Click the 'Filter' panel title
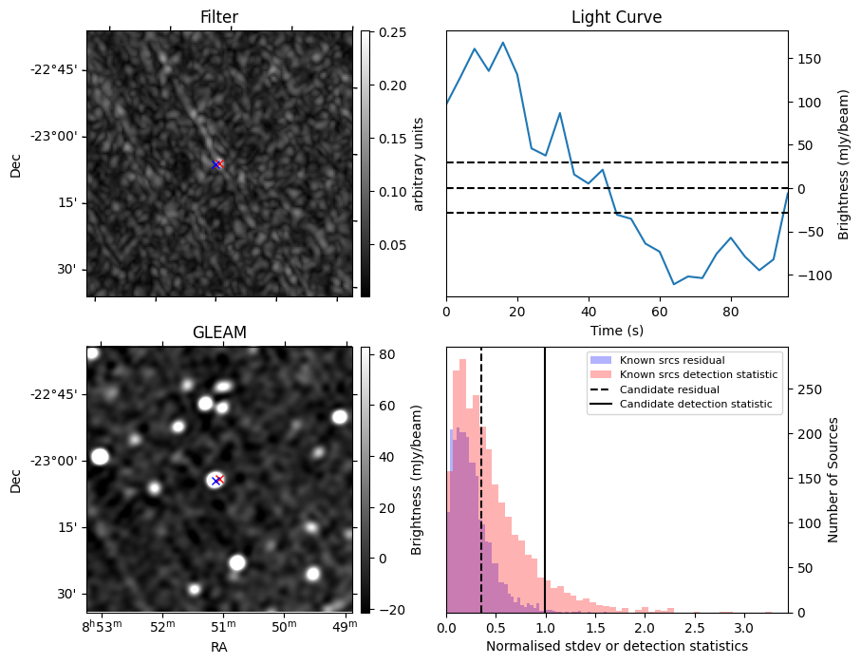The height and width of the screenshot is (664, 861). pyautogui.click(x=218, y=17)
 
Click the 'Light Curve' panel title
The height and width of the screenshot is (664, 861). pyautogui.click(x=616, y=17)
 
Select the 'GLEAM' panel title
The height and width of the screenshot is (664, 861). pyautogui.click(x=218, y=332)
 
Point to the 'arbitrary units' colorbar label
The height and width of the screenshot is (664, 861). pyautogui.click(x=420, y=163)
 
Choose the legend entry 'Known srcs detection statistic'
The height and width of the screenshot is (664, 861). pyautogui.click(x=699, y=374)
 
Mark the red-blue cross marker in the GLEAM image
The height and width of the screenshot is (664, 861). pyautogui.click(x=217, y=480)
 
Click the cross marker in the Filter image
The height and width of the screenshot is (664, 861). pyautogui.click(x=217, y=164)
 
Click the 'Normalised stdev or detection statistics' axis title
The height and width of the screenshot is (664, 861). pyautogui.click(x=616, y=646)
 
